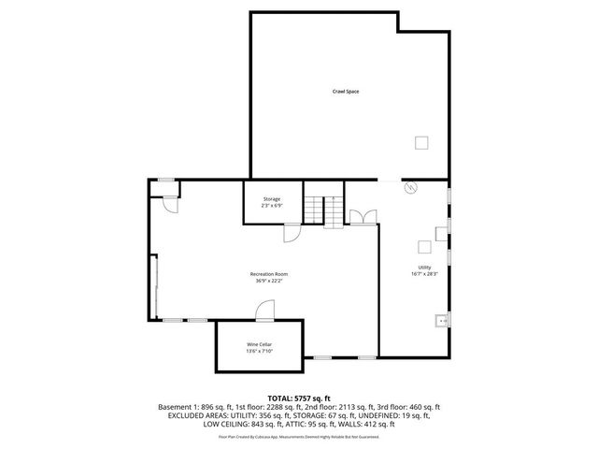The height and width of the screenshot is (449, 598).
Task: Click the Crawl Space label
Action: (x=346, y=91)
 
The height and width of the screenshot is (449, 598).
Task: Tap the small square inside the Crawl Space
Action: (x=422, y=142)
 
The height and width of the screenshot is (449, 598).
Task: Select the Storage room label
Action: (x=271, y=198)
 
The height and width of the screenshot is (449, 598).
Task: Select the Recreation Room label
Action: (x=268, y=273)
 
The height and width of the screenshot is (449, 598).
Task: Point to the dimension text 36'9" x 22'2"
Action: (x=268, y=281)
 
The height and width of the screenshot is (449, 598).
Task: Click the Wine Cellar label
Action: (x=259, y=344)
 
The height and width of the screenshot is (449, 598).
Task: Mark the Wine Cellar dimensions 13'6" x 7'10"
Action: (x=259, y=352)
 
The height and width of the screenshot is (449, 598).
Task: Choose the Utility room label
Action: (x=424, y=268)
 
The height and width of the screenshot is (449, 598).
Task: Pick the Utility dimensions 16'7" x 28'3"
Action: (x=424, y=274)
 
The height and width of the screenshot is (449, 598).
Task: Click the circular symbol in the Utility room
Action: (x=408, y=188)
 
